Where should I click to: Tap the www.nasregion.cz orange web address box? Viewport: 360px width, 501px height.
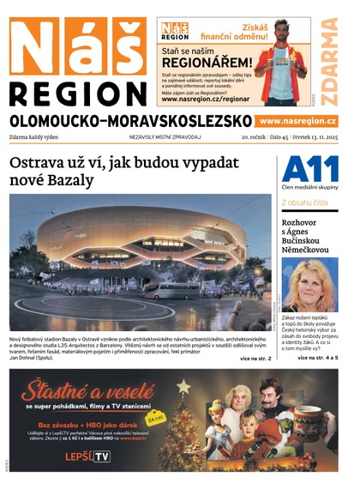297,122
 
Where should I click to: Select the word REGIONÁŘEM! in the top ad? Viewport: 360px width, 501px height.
207,63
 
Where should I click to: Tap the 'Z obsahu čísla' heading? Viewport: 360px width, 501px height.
304,203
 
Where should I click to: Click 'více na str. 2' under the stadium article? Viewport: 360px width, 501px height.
255,358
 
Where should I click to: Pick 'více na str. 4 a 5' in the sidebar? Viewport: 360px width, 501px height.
317,357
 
